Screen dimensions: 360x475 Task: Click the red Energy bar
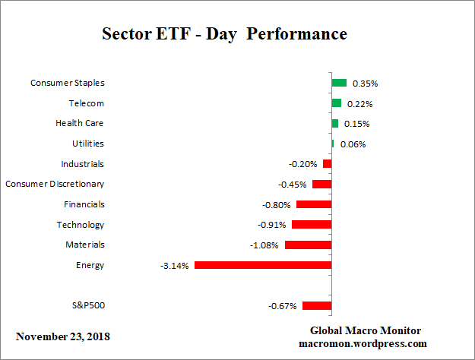pos(263,265)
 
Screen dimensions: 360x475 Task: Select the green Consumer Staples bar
pos(339,83)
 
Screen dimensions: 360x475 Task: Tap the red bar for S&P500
pos(317,305)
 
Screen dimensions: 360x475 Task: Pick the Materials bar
pos(308,245)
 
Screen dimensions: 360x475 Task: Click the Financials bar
pos(314,204)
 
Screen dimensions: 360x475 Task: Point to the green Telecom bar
pos(336,103)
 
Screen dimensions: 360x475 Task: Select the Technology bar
pos(312,225)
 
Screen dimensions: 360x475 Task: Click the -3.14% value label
pos(175,266)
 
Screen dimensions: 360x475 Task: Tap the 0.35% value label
pos(366,84)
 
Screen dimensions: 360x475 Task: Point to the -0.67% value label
pos(283,306)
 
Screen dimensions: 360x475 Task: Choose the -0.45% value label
pos(293,185)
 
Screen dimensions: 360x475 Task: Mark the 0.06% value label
pos(353,144)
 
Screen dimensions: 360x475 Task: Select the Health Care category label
pos(80,123)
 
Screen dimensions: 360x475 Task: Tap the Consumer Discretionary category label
pos(55,184)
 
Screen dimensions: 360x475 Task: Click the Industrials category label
pos(82,164)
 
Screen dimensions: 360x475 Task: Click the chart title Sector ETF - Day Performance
pos(224,34)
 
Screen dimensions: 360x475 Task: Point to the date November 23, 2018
pos(62,336)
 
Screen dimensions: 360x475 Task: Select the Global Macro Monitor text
pos(365,330)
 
